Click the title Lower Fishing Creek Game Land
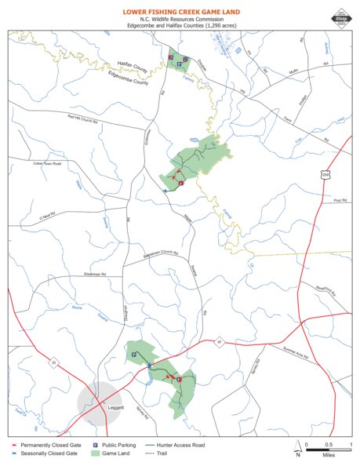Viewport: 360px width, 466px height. pos(180,13)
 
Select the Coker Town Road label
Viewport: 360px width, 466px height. pos(47,163)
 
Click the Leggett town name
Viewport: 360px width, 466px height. pos(115,409)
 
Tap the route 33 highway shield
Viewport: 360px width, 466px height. pos(54,362)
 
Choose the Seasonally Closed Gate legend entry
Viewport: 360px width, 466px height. pos(44,453)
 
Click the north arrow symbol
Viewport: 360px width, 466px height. pos(297,449)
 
